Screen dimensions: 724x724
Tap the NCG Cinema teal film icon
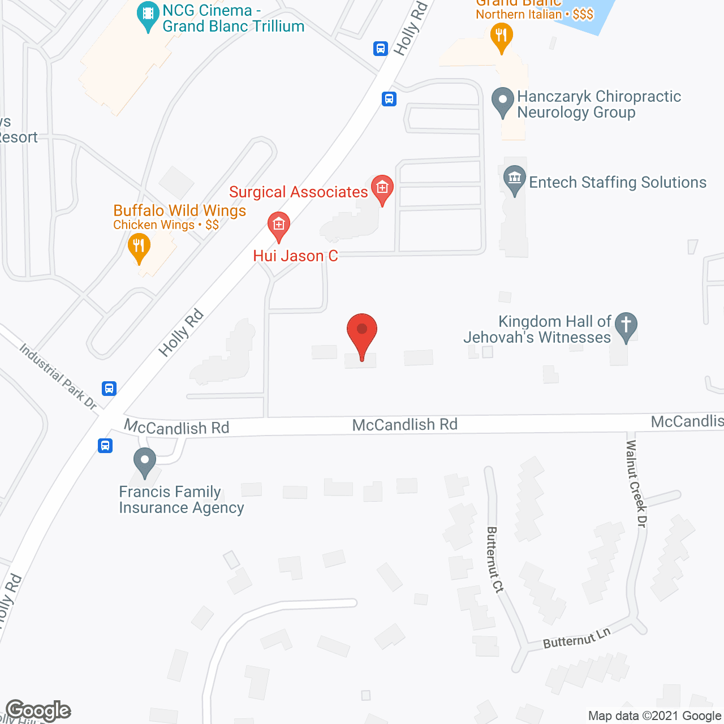148,15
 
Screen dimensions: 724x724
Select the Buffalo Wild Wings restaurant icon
139,248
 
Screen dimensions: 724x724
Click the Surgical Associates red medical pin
382,188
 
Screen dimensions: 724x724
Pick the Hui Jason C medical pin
278,226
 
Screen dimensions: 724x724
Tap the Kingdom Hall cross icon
626,326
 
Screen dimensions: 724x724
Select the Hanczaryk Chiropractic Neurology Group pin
502,101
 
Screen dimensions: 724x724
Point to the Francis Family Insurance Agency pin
145,461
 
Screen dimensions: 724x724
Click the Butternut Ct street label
494,559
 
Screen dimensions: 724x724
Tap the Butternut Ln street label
577,638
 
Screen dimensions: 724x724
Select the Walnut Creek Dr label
636,484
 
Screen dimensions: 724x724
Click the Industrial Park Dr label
58,376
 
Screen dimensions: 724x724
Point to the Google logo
38,710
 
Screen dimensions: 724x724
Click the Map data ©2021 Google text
655,716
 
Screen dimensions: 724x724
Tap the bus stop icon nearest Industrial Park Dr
109,389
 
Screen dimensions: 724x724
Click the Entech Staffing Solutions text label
618,182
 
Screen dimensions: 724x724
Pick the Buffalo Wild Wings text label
180,210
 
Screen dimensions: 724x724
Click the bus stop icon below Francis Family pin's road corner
105,446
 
